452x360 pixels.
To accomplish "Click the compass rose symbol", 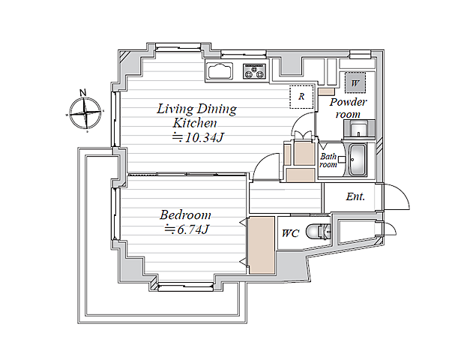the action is [85, 113].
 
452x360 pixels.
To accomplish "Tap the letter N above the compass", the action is [83, 92].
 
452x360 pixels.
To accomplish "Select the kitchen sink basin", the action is [220, 71].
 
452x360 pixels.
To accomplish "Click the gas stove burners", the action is [254, 71].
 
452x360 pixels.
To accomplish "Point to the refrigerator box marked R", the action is [301, 97].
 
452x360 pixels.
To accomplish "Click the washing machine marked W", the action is [355, 82].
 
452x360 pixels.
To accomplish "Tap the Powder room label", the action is [349, 108].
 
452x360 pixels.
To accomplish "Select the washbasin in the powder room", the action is [358, 130].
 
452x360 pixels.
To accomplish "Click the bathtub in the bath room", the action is [358, 160].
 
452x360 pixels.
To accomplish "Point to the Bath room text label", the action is [328, 160].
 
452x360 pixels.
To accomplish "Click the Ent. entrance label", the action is [355, 196].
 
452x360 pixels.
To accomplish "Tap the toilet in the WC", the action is [319, 231].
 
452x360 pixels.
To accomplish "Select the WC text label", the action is [291, 233].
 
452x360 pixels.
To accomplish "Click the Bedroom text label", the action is [185, 215].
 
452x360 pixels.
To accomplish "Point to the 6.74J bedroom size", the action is [187, 230].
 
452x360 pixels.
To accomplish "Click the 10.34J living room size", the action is [197, 137].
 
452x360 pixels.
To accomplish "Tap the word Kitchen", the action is [195, 123].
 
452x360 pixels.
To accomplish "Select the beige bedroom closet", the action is [262, 245].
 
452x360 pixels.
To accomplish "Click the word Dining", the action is [217, 109].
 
